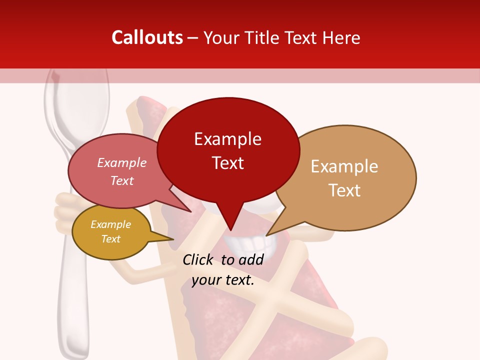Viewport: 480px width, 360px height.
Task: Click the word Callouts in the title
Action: (x=147, y=37)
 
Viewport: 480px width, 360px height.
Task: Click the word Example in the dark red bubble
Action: (x=228, y=139)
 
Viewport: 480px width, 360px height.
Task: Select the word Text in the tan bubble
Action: (x=344, y=190)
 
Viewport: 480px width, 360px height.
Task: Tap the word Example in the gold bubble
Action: (x=111, y=224)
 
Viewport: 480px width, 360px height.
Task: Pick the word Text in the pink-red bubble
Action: (x=122, y=180)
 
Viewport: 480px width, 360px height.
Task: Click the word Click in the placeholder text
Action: (x=198, y=259)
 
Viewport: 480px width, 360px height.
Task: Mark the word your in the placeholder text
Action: (x=205, y=280)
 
